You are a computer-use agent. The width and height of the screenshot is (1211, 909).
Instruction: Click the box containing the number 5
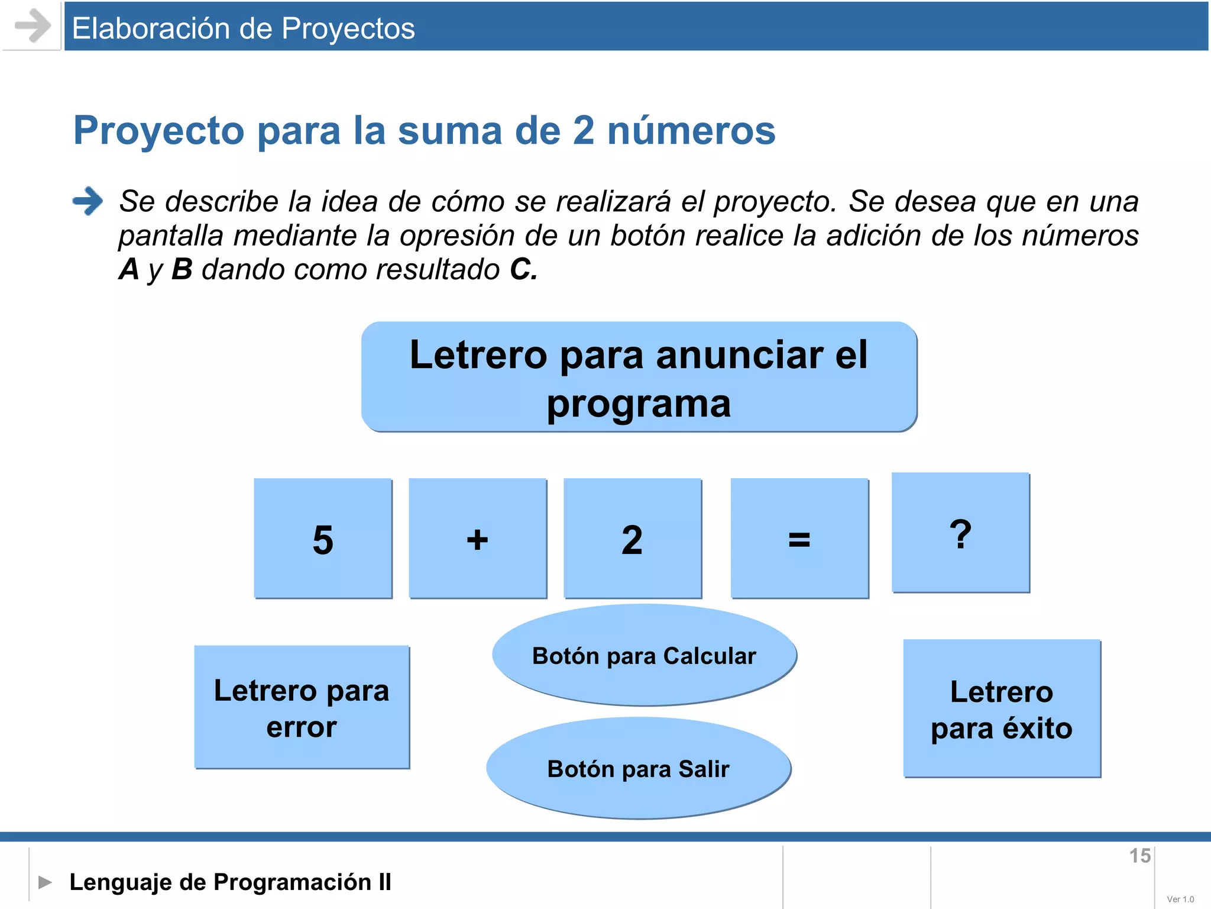click(x=323, y=539)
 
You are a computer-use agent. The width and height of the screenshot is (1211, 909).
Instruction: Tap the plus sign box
click(x=478, y=539)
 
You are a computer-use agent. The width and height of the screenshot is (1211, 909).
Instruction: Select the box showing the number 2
click(x=633, y=539)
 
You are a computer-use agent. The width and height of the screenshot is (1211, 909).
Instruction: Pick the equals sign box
click(x=799, y=539)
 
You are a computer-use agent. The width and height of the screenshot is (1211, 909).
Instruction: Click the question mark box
click(x=960, y=533)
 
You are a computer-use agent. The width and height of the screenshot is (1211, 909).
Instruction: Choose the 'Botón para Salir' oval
click(x=639, y=768)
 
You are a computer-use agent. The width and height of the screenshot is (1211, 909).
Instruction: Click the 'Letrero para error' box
click(x=302, y=708)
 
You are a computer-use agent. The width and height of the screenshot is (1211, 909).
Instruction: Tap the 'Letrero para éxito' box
click(x=1002, y=709)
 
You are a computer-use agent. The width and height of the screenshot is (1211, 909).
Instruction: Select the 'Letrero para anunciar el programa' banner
click(x=639, y=378)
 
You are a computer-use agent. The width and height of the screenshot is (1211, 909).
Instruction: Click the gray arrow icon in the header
click(x=33, y=26)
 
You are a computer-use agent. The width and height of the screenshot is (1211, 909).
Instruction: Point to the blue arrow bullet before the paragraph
click(x=88, y=201)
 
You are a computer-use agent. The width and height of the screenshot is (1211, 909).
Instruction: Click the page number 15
click(x=1139, y=856)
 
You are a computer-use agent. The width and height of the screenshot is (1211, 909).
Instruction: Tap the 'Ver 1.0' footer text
click(x=1180, y=899)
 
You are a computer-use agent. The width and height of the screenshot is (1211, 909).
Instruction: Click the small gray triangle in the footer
click(x=45, y=882)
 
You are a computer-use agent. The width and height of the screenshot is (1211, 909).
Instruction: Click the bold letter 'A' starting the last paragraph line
click(x=129, y=269)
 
